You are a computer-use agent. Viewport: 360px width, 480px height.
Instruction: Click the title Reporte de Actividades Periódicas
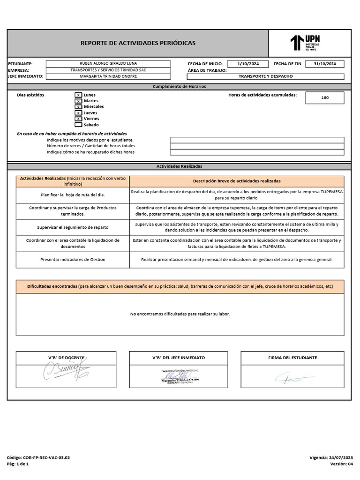coord(138,43)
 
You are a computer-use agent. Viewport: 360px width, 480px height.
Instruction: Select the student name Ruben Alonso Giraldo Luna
coord(108,63)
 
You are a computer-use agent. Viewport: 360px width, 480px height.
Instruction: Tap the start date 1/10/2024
coord(247,64)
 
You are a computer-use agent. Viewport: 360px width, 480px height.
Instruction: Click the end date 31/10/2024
coord(324,64)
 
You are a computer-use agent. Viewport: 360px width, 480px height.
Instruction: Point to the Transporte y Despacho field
coord(265,76)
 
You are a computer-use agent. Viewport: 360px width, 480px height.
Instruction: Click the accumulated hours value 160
coord(325,97)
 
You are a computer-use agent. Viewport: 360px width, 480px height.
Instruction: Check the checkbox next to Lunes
coord(78,95)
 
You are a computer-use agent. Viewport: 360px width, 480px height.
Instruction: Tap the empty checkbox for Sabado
coord(78,125)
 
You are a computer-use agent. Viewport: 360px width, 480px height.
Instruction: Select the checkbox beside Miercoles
coord(78,107)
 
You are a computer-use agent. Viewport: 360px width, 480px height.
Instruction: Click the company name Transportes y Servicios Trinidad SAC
coord(108,70)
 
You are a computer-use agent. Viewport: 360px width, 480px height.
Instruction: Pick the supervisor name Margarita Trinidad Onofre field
coord(108,76)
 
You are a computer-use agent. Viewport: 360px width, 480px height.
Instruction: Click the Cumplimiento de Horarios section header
coord(179,87)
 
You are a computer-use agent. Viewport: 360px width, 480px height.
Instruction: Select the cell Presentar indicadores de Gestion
coord(73,259)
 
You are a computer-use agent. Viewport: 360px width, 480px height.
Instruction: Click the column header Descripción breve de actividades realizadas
coord(237,181)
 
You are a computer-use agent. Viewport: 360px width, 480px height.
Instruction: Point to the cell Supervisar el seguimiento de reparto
coord(73,227)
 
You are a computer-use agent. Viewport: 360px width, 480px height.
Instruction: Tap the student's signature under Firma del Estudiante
coord(293,378)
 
